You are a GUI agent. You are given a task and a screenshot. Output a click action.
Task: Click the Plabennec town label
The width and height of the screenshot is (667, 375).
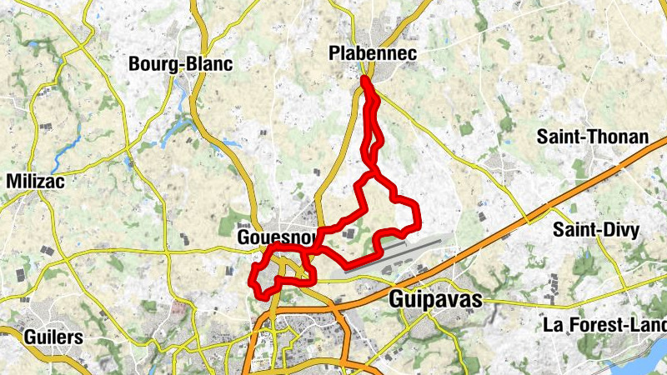coord(373,54)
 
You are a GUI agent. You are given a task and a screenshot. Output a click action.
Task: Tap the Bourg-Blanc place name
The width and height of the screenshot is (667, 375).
coord(180,64)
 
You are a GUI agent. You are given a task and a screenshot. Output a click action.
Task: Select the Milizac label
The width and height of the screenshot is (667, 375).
coord(36,181)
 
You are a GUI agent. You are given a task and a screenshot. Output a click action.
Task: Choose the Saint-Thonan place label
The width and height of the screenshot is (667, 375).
coord(592,137)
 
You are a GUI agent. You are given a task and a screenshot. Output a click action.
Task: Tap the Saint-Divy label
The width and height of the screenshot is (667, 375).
coord(594,232)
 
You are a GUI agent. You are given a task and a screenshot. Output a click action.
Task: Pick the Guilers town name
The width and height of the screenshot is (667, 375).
coord(54,337)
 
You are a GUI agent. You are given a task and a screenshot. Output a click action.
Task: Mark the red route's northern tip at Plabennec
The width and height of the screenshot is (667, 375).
coord(365,80)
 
